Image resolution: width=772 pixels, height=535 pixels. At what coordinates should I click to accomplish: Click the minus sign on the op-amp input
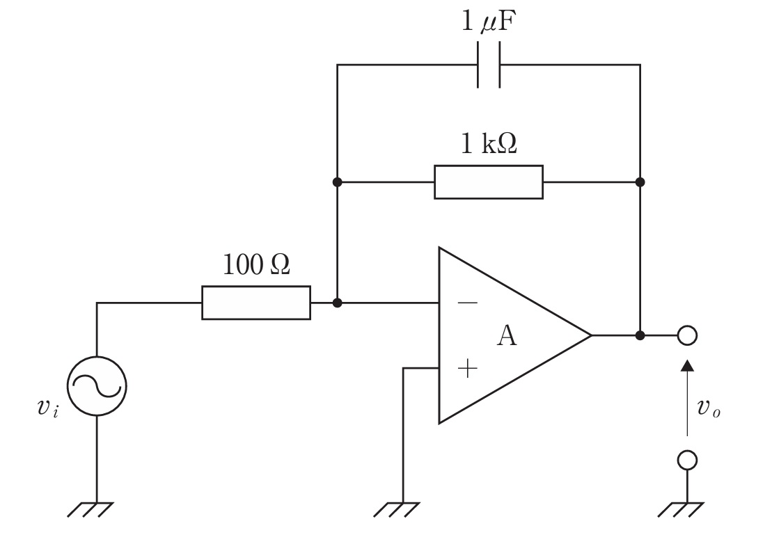point(467,302)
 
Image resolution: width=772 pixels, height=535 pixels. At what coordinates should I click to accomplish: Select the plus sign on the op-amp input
point(467,368)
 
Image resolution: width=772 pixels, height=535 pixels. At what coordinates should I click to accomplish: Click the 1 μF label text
point(489,22)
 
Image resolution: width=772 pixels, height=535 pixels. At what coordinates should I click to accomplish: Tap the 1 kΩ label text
point(489,144)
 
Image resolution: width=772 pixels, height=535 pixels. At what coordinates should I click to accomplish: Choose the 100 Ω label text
point(256,265)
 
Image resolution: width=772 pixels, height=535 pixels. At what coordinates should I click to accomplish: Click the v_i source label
point(48,408)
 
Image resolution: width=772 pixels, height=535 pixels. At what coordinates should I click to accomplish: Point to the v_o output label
point(709,408)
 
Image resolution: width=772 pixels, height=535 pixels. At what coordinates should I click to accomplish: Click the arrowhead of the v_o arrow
point(687,365)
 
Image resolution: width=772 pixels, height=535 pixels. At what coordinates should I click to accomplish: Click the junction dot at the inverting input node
point(337,303)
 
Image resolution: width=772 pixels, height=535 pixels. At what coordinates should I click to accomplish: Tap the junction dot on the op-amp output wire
point(640,335)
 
